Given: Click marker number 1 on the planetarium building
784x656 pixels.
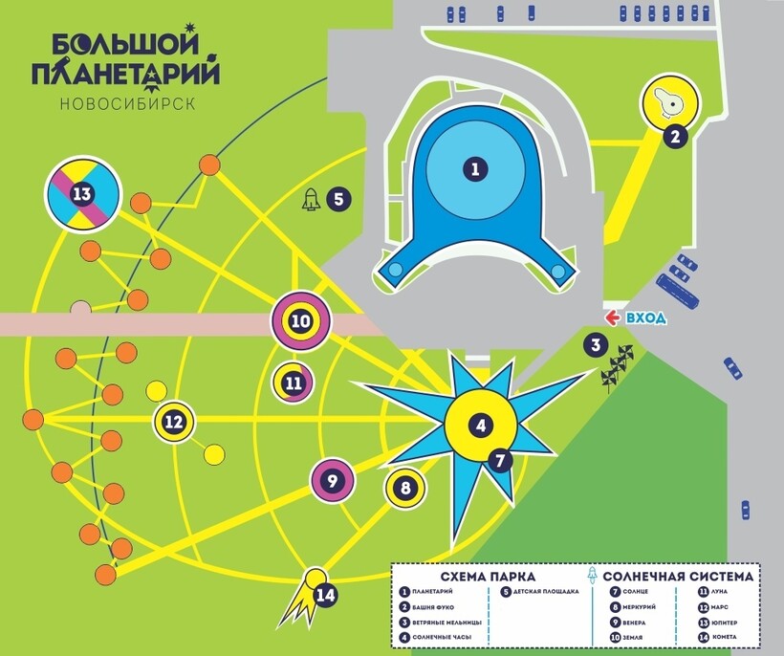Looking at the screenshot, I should pos(473,170).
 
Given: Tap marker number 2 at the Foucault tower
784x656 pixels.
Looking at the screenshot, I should pos(675,136).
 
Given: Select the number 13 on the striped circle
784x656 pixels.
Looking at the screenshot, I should pos(82,195).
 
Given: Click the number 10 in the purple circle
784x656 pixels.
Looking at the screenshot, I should pos(301,321).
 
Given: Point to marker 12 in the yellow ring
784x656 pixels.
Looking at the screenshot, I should pos(174,421).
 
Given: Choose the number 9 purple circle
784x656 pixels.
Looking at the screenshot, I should pos(333,481).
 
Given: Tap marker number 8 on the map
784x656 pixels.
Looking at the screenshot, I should pos(405,488).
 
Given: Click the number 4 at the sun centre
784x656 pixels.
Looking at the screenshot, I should pos(481,426).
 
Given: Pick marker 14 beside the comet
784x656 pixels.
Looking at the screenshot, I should pos(327,595).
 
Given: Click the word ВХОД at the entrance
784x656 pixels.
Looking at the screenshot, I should pos(646,318).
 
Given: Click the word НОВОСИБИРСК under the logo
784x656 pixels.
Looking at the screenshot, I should pos(127,103).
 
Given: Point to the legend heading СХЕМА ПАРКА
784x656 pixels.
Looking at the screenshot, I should pos(488,577).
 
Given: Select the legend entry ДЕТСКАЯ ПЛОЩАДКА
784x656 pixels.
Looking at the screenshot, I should pos(545,592).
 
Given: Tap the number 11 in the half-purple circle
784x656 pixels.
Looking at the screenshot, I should pos(294,383).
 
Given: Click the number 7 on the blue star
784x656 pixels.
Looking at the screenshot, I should pos(498,460).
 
